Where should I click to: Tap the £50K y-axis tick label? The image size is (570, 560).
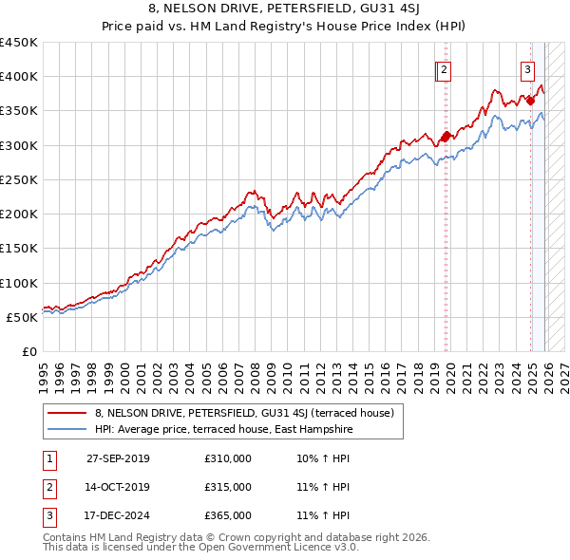click(x=23, y=317)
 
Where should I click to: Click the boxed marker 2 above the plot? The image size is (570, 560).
click(x=445, y=68)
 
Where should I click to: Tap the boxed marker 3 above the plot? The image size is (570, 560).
click(x=527, y=68)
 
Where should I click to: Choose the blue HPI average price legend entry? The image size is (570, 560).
click(x=223, y=429)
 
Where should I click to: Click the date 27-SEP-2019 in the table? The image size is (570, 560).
click(x=118, y=458)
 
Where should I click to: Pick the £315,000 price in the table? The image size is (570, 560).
click(x=228, y=487)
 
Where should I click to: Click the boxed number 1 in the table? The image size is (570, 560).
click(x=48, y=458)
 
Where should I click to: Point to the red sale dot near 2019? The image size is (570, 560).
click(x=446, y=136)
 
